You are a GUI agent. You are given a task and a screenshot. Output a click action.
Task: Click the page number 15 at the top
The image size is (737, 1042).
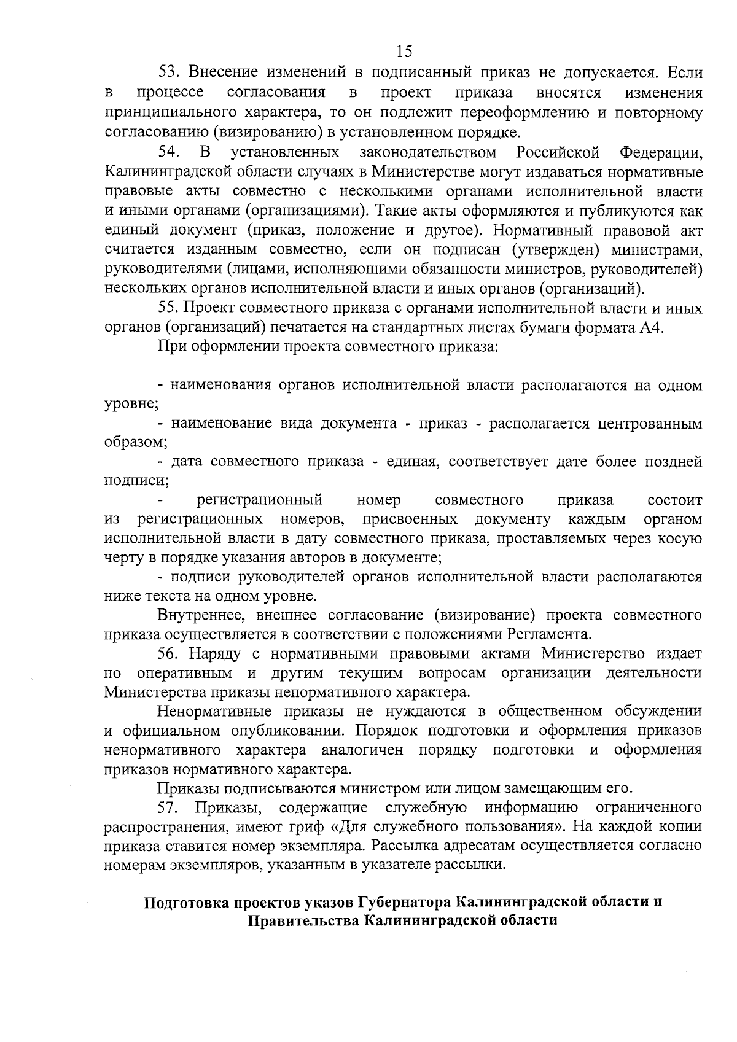pos(404,51)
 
